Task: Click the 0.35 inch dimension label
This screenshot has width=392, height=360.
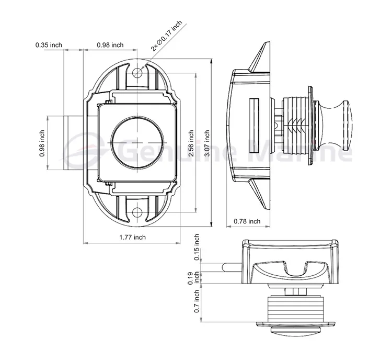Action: click(49, 45)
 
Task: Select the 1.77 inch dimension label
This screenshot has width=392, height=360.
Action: click(132, 237)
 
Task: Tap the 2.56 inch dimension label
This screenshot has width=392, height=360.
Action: click(192, 143)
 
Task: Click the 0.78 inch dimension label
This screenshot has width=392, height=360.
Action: click(247, 221)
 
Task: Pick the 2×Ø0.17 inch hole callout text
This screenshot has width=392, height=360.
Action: click(166, 36)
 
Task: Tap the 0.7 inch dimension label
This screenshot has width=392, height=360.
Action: click(197, 301)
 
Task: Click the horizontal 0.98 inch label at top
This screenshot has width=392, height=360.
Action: click(110, 45)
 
